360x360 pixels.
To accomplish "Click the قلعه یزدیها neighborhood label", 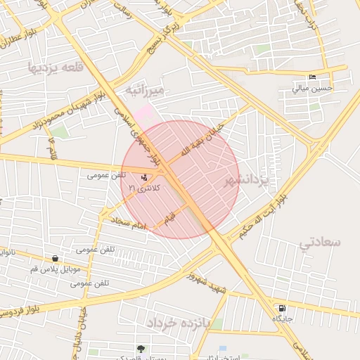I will tap(53, 68).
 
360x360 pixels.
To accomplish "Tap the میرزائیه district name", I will tap(144, 90).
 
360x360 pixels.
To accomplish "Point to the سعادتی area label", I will tap(320, 243).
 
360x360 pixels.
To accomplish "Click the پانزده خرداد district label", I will tap(179, 323).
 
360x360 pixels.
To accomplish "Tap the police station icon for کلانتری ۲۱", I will tap(144, 178).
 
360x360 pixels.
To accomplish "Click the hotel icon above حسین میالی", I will tap(312, 77).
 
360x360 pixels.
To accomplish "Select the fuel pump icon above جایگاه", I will tap(282, 308).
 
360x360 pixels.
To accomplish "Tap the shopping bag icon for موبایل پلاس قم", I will tap(55, 259).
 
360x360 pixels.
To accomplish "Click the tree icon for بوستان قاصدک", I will tap(141, 348).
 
